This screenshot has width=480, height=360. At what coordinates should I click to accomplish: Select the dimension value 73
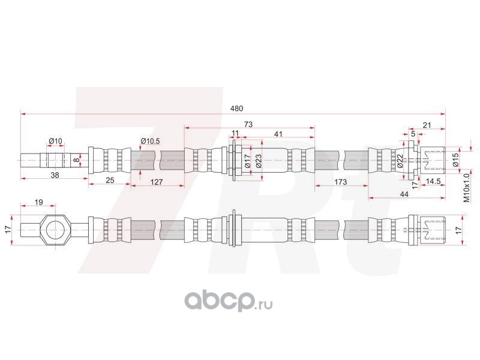(248, 124)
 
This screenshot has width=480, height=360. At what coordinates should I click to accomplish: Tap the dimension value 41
(278, 133)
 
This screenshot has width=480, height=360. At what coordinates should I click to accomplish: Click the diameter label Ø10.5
(149, 141)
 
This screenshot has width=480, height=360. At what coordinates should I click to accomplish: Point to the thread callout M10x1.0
(466, 187)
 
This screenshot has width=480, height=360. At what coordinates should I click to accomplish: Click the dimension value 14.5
(434, 181)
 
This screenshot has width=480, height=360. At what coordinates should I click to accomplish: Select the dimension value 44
(404, 194)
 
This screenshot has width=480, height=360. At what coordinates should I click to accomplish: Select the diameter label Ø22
(400, 160)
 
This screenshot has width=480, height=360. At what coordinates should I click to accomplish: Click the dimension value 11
(235, 133)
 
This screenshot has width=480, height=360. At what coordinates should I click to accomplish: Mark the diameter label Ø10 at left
(56, 141)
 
